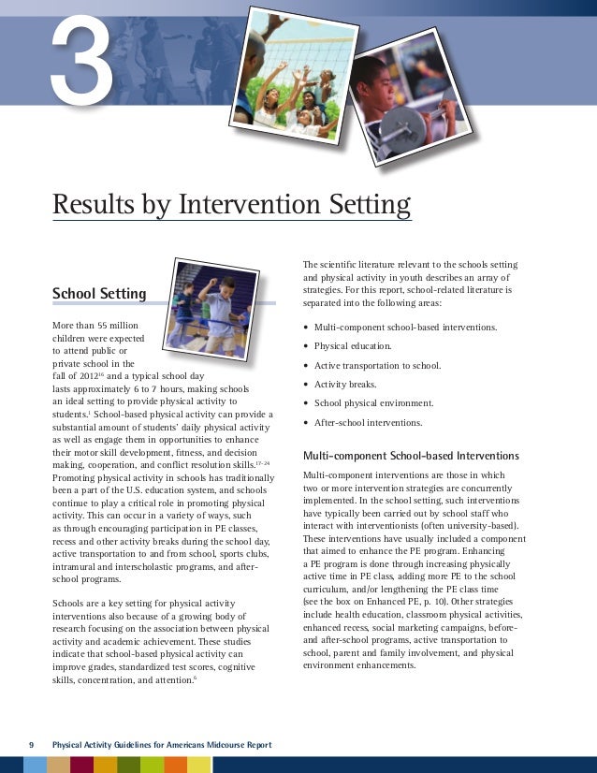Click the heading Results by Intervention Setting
point(231,204)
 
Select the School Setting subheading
point(99,294)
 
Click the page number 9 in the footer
point(31,744)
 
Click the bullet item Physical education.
point(352,346)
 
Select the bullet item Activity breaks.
point(345,384)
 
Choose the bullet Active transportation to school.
point(377,365)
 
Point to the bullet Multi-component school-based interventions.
point(405,328)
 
